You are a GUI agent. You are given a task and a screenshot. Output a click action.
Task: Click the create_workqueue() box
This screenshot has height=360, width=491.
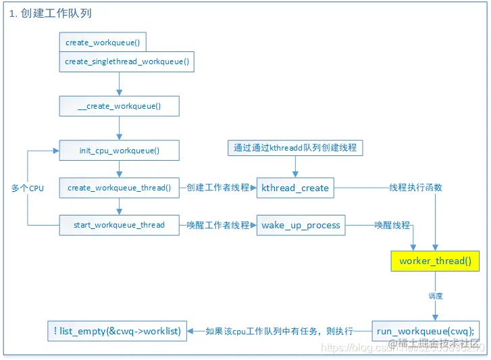[102, 43]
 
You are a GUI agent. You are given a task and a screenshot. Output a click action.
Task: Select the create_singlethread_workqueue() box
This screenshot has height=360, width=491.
[126, 61]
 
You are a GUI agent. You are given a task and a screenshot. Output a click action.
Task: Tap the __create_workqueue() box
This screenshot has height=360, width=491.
[119, 107]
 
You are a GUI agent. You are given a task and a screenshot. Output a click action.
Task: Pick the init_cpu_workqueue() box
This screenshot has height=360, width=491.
[119, 151]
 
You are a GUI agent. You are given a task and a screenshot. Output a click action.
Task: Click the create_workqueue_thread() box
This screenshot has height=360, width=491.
[119, 188]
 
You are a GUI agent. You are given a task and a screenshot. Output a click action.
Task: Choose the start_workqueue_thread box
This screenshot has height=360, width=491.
[119, 225]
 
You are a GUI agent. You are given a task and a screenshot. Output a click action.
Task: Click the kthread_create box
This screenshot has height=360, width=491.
[295, 188]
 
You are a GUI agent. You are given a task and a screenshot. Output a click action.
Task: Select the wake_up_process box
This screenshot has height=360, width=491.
[301, 225]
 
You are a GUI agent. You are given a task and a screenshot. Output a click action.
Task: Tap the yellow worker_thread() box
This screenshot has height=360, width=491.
[435, 261]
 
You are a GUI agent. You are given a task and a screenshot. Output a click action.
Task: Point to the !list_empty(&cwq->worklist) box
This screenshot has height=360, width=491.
[117, 330]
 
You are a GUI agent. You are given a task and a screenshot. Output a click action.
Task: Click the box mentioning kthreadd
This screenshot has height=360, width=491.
[294, 147]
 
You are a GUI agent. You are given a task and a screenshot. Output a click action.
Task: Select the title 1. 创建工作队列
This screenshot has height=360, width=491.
[51, 14]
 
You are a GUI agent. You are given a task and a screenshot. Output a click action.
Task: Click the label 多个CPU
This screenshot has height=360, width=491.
[28, 188]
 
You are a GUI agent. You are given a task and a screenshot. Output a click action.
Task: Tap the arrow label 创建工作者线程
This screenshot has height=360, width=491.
[218, 188]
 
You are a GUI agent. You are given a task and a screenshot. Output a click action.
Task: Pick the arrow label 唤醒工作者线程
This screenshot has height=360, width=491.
[218, 225]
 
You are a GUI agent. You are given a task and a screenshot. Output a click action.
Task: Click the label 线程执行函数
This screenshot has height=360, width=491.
[415, 187]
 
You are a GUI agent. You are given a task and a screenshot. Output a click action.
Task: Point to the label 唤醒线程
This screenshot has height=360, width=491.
[392, 225]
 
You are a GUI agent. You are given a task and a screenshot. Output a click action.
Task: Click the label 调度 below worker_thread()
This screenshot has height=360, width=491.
[436, 296]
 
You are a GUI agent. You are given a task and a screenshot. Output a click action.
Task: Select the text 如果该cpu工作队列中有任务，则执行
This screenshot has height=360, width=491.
[279, 331]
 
